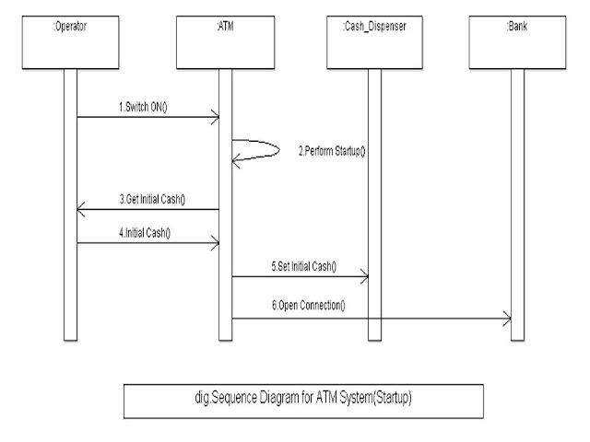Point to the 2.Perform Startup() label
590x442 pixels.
pyautogui.click(x=332, y=149)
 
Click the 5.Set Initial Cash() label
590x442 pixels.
pyautogui.click(x=304, y=266)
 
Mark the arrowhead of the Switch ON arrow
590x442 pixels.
pyautogui.click(x=214, y=117)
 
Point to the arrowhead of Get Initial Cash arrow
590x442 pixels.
pyautogui.click(x=80, y=211)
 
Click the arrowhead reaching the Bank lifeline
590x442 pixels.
pyautogui.click(x=506, y=318)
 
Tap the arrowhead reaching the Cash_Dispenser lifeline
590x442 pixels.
pyautogui.click(x=364, y=275)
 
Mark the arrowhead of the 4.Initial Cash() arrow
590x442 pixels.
pyautogui.click(x=214, y=243)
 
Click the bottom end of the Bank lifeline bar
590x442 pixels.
pyautogui.click(x=517, y=337)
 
